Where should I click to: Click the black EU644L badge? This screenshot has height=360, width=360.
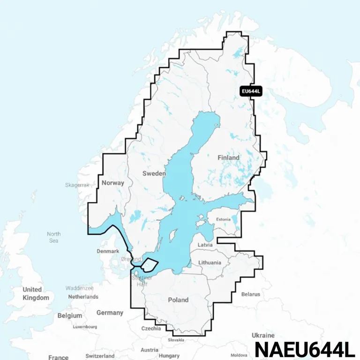click(250, 91)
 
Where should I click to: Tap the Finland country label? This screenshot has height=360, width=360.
click(228, 157)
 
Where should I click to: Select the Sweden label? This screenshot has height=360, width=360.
click(154, 173)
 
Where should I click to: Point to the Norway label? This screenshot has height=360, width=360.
click(112, 183)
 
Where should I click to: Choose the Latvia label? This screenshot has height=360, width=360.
click(205, 245)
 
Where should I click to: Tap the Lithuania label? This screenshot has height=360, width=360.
click(210, 262)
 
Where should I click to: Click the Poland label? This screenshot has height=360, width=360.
click(178, 300)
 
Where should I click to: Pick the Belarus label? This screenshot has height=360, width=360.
click(250, 294)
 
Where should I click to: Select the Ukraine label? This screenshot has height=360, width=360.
click(263, 336)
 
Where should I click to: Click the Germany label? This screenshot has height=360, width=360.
click(110, 313)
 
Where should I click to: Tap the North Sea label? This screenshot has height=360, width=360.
click(54, 237)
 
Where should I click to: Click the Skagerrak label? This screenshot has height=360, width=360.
click(77, 185)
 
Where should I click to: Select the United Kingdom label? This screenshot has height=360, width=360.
click(36, 293)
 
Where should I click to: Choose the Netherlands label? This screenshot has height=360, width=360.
click(83, 297)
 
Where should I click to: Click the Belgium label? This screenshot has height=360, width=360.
click(70, 316)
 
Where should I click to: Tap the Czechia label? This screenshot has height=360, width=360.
click(151, 329)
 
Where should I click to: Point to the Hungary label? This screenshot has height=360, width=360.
click(169, 356)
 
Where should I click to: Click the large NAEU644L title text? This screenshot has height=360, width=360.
click(305, 349)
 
